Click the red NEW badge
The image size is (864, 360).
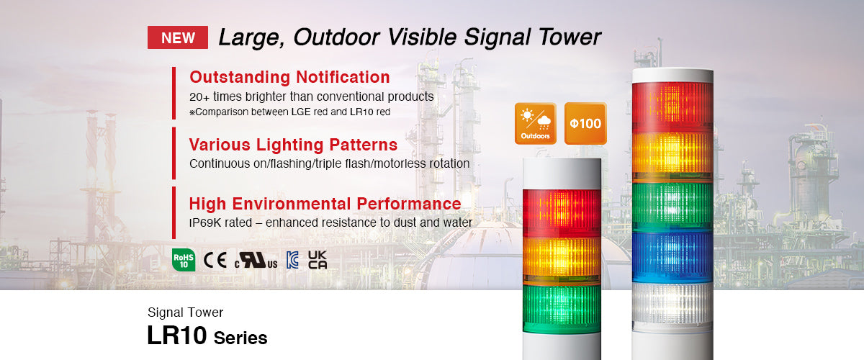pos(177,37)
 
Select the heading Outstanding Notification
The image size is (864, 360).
pos(289,77)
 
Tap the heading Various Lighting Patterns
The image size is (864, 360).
pos(293,145)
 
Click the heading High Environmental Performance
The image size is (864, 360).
pos(325,203)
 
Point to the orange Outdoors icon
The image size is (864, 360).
pos(535,123)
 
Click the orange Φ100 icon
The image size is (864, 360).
pos(585,123)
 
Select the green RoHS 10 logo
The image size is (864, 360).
pos(184,259)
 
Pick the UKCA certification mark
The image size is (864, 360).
pos(317,260)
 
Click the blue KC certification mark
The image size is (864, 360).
pos(292,260)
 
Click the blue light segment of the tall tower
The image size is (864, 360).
pos(672,256)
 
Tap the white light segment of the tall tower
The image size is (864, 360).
pos(672,305)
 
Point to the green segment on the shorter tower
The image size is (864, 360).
pos(561,309)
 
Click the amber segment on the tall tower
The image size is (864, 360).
pos(672,155)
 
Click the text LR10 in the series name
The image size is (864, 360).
pos(176,336)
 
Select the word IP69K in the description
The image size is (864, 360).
pos(206,223)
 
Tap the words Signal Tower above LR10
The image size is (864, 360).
pos(185,312)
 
